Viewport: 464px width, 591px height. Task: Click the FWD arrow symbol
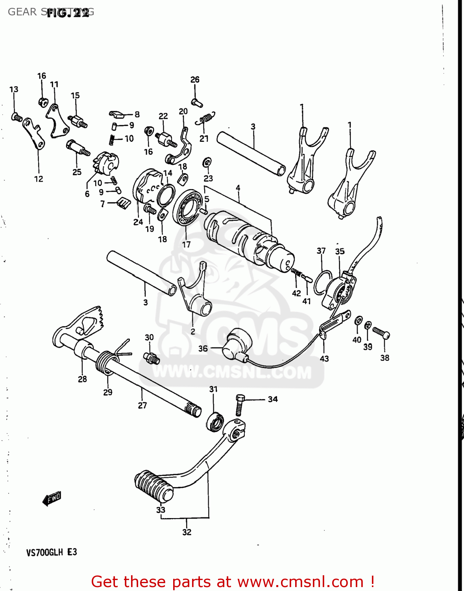(52, 499)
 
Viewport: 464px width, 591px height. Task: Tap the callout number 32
(187, 532)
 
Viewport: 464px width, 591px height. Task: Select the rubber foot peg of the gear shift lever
(153, 486)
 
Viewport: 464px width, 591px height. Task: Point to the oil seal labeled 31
(214, 422)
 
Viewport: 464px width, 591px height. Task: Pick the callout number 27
(142, 405)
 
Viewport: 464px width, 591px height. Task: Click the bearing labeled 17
(188, 207)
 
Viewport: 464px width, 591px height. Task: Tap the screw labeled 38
(381, 333)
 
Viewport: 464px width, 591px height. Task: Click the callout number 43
(324, 359)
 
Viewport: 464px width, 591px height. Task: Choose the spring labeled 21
(206, 117)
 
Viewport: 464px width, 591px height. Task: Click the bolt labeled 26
(196, 102)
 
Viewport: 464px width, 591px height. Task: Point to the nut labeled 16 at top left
(43, 102)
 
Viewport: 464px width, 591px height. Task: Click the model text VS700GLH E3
(52, 552)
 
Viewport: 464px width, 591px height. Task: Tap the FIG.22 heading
(68, 13)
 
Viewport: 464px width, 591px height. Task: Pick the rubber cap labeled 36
(236, 344)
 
